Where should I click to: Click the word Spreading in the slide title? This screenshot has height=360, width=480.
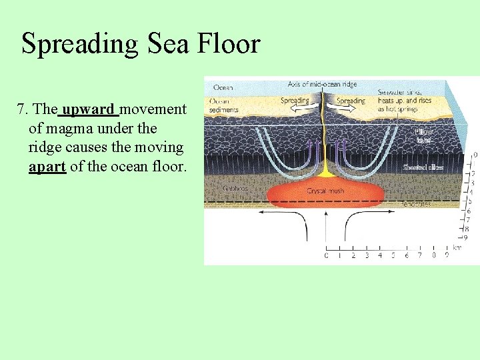tap(74, 45)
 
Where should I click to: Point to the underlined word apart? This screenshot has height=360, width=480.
tap(47, 167)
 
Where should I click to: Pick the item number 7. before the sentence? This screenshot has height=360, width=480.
tap(23, 109)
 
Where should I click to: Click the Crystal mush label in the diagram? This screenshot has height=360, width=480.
tap(325, 191)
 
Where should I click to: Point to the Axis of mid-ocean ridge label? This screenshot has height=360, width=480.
tap(322, 85)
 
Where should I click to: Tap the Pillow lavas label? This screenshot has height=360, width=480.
tap(424, 135)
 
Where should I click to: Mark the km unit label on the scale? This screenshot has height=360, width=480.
tap(457, 247)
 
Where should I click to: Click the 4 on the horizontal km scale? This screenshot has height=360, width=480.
tap(380, 255)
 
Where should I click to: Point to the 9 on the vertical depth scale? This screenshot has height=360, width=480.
tap(465, 237)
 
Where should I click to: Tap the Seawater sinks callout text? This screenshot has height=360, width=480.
tap(404, 100)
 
